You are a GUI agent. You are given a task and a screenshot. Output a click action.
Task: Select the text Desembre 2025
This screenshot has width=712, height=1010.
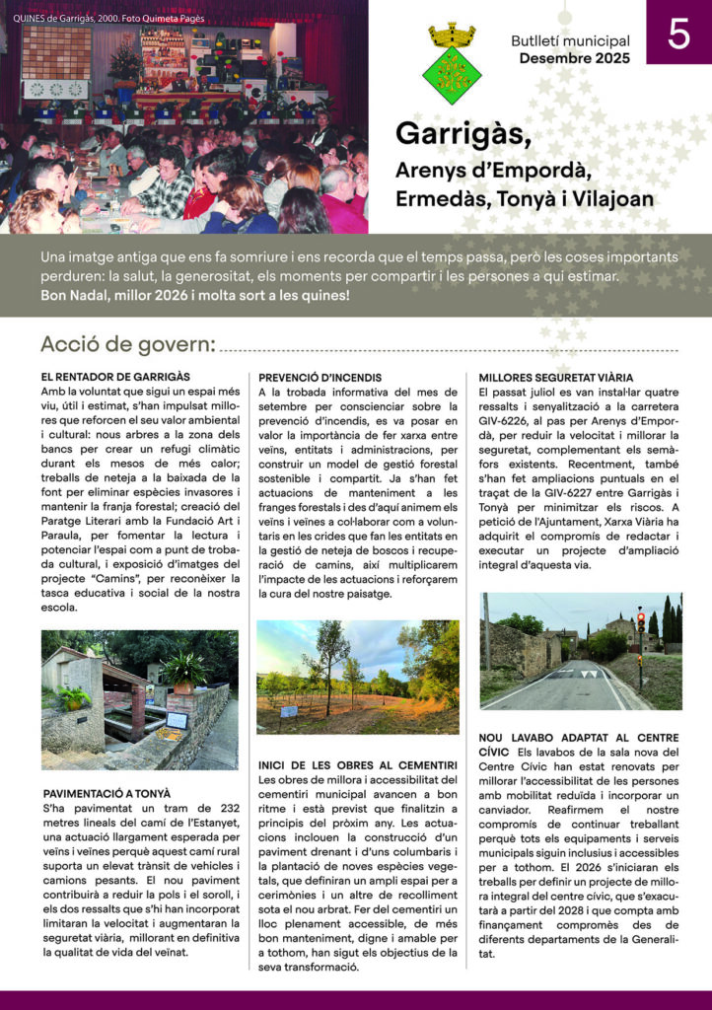click(574, 58)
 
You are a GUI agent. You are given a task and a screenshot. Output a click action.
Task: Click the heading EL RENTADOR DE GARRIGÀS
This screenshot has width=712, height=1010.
click(115, 377)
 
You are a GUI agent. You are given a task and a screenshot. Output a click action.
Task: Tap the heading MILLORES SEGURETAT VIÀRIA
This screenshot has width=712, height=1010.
click(555, 377)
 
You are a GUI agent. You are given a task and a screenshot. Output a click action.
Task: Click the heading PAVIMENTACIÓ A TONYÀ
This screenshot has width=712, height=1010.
click(107, 793)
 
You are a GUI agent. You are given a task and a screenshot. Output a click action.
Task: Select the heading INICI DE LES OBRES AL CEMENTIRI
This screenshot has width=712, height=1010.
click(356, 764)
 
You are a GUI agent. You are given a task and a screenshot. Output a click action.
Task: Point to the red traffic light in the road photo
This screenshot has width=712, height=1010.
click(640, 621)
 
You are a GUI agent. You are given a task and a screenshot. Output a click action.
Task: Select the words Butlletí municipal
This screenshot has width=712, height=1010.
click(570, 41)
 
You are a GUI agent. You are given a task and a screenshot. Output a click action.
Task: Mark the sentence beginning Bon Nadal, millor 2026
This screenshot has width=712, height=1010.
click(195, 295)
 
